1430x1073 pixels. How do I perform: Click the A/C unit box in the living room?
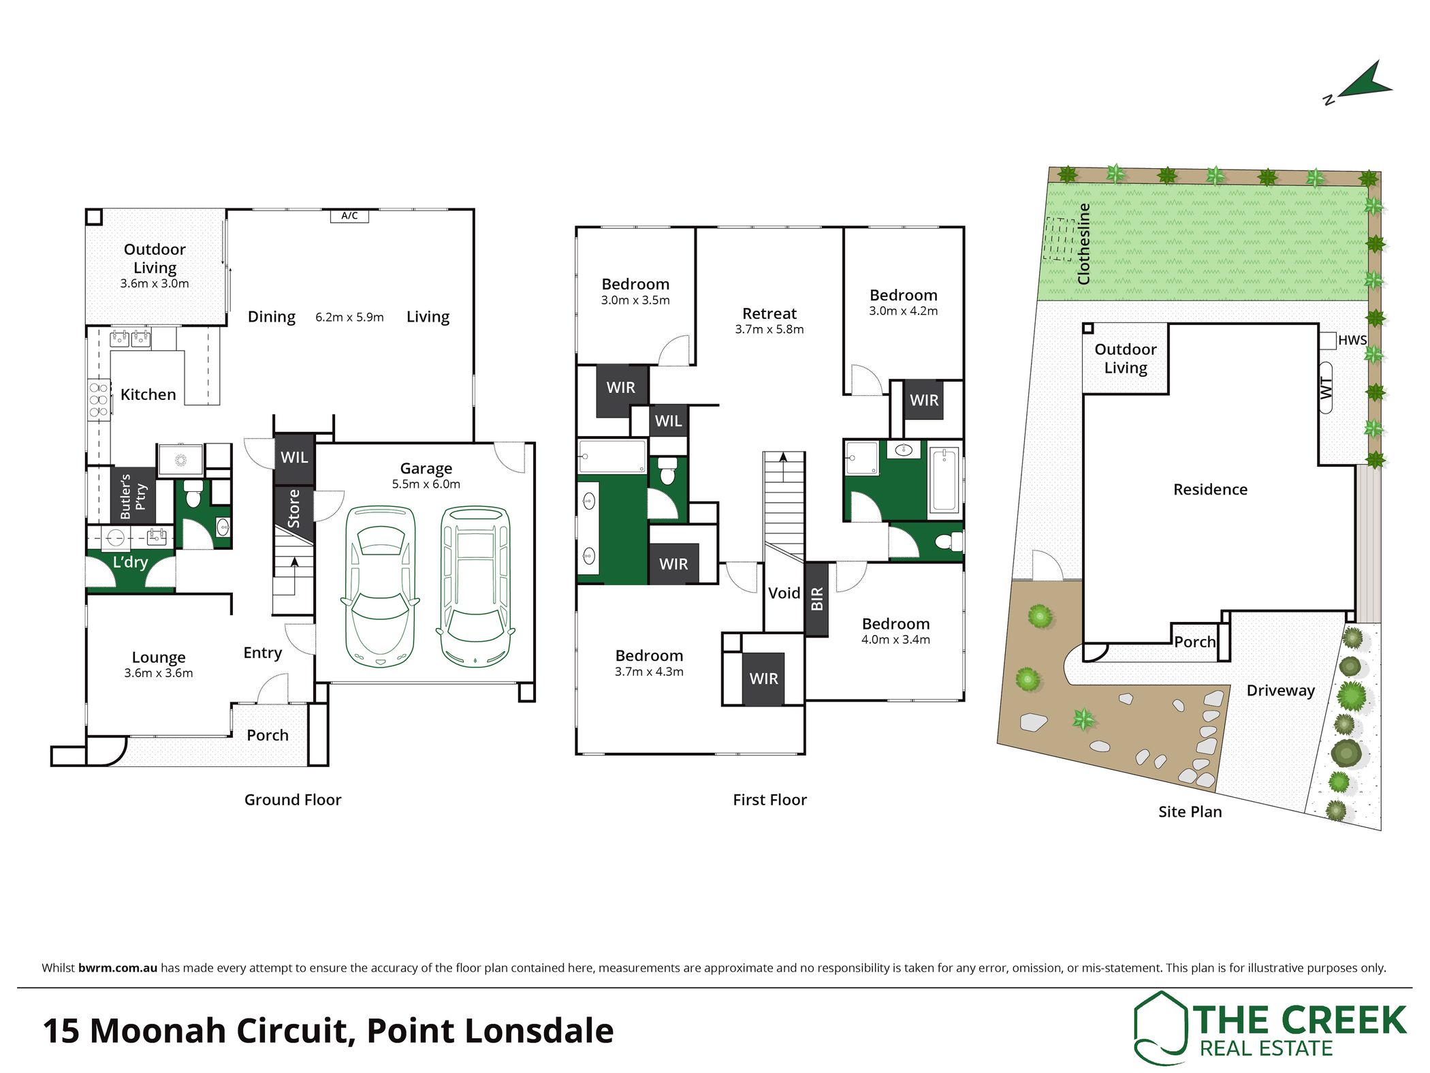(x=349, y=216)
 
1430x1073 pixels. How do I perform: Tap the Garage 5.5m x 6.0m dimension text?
(x=426, y=484)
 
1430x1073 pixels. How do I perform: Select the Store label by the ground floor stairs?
(x=293, y=508)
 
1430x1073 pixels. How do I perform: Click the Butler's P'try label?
(x=133, y=496)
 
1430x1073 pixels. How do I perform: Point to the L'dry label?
(x=130, y=562)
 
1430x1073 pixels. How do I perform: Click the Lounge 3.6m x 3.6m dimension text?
(x=159, y=673)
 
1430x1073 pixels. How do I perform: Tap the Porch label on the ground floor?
(x=268, y=735)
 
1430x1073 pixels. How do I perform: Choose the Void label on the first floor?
(x=784, y=593)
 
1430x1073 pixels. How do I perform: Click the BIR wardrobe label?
(x=817, y=599)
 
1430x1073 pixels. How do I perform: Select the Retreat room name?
(x=769, y=313)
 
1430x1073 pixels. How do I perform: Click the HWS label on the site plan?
(x=1352, y=340)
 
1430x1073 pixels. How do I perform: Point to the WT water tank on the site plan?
(x=1326, y=388)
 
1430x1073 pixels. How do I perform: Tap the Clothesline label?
(x=1083, y=244)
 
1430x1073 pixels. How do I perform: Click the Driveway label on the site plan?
(x=1280, y=691)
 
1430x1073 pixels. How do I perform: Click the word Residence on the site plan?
(x=1210, y=489)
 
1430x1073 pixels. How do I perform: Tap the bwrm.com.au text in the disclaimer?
(x=118, y=967)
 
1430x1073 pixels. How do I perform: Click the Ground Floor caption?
(x=293, y=799)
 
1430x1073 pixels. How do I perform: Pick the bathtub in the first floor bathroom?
(x=944, y=479)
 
